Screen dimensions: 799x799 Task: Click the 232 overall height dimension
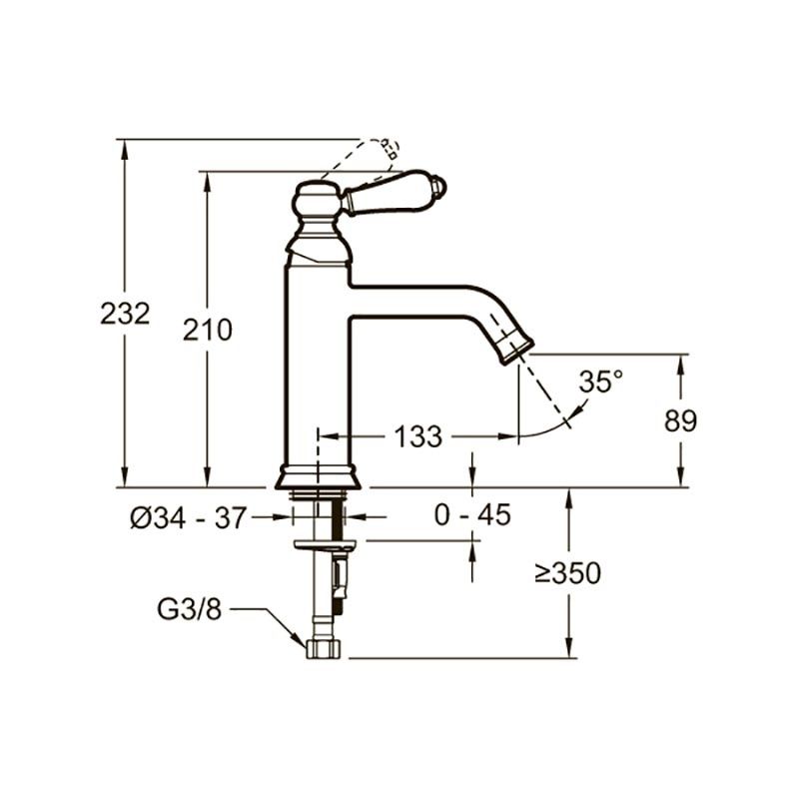click(125, 314)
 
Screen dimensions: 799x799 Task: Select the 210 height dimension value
click(208, 331)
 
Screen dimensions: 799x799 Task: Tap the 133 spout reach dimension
click(417, 436)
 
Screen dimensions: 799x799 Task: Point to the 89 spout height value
click(680, 420)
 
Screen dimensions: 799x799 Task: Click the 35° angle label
click(601, 382)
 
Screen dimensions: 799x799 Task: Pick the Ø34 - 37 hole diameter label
click(188, 517)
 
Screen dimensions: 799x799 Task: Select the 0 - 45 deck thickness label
click(472, 514)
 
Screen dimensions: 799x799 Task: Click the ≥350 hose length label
click(568, 572)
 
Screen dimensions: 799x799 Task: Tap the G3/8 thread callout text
click(189, 608)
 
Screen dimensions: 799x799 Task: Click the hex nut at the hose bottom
click(324, 649)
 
